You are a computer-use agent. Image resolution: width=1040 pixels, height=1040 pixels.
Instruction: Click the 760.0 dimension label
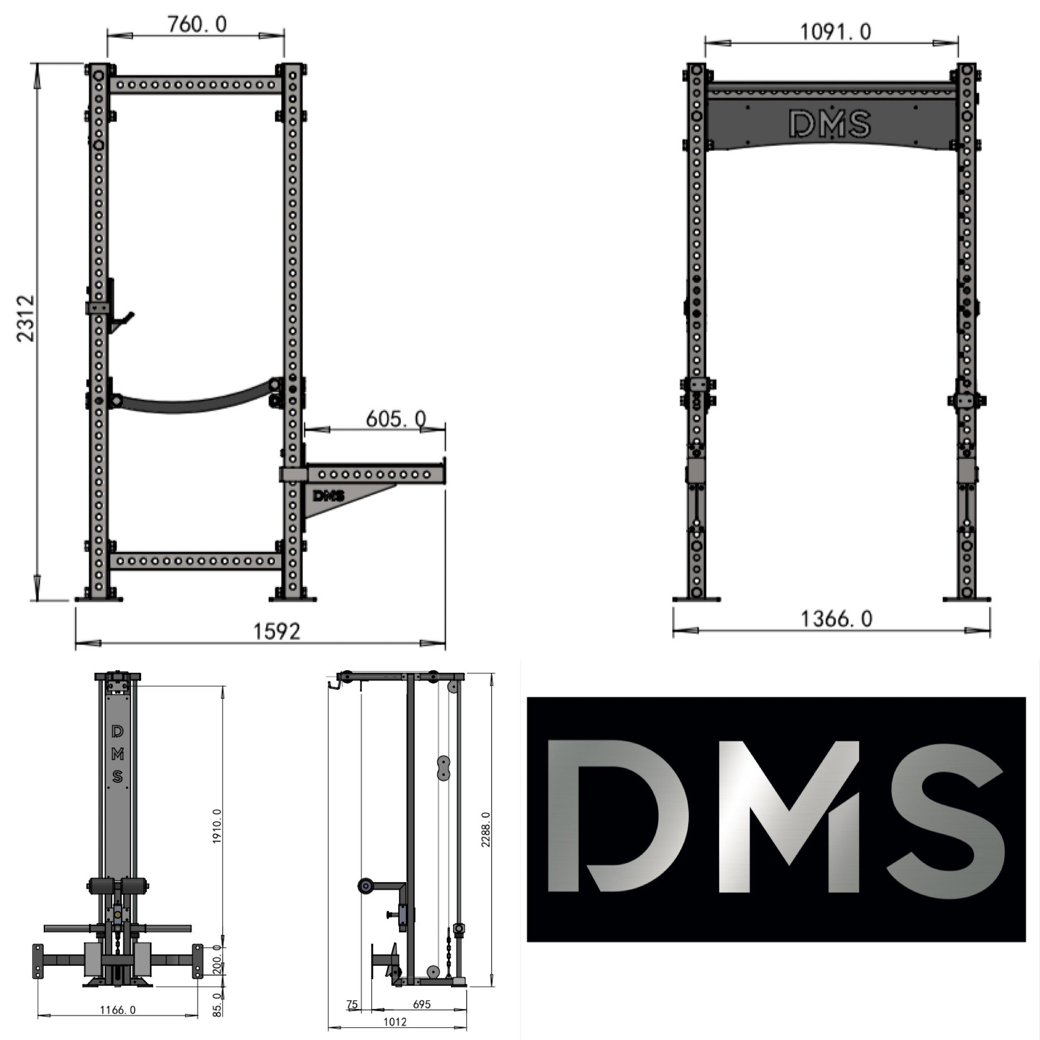point(197,24)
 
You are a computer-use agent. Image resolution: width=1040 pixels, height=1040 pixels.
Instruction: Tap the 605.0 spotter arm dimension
point(396,419)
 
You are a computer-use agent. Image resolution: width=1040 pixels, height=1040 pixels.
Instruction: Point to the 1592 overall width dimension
point(276,631)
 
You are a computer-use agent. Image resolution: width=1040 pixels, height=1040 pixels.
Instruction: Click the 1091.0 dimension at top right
point(835,32)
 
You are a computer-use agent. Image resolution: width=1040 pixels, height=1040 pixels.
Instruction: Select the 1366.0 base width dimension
point(836,619)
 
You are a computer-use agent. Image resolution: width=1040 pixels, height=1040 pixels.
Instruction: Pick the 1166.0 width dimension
point(118,1010)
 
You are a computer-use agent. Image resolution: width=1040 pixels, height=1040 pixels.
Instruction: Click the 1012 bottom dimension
point(395,1022)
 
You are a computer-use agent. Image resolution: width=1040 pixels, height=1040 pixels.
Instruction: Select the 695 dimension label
point(421,1004)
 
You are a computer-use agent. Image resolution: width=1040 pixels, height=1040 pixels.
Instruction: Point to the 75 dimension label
point(351,1004)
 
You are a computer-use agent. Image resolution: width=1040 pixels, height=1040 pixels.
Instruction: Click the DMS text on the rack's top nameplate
point(830,124)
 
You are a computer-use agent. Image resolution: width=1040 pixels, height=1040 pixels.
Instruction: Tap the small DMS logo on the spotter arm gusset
point(328,496)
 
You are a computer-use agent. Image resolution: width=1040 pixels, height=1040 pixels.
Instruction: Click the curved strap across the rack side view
point(194,403)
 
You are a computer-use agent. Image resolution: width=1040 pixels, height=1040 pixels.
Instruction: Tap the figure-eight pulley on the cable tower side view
point(443,768)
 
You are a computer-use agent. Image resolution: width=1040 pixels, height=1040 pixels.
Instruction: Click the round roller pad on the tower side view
point(365,886)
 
